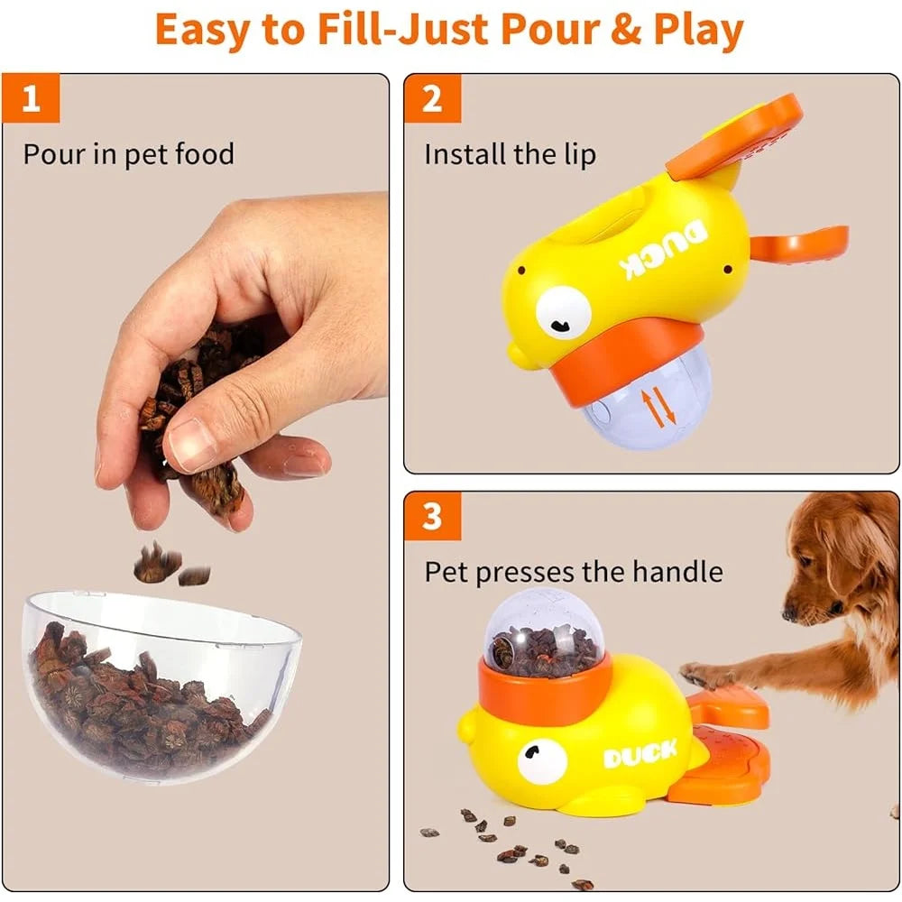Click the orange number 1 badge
coord(32,98)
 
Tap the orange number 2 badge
coord(432,98)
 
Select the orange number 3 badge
coord(432,517)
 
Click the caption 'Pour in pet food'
coord(128,154)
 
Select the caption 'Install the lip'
coord(510,154)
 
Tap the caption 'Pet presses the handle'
coord(574,572)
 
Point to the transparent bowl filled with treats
coord(158,686)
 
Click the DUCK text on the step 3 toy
coord(640,754)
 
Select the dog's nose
coord(791,612)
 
